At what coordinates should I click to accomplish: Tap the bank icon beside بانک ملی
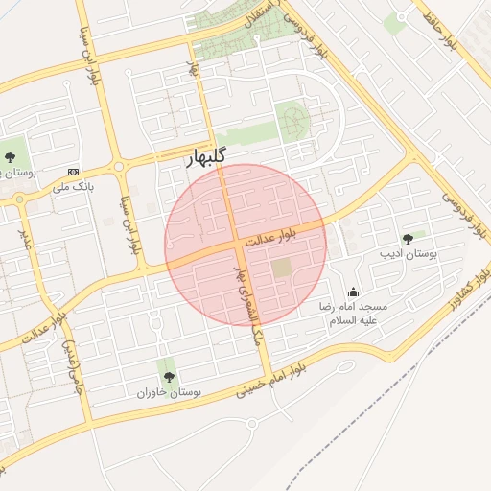[x=72, y=172]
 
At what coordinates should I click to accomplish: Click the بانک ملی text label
[x=76, y=189]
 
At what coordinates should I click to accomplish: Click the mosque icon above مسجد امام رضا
[x=354, y=292]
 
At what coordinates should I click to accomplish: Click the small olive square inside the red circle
[x=280, y=269]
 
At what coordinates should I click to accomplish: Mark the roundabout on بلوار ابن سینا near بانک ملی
[x=119, y=167]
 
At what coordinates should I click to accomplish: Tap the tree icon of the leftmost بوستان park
[x=11, y=156]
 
